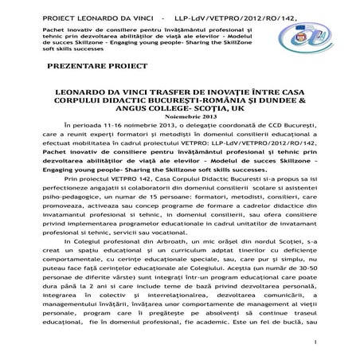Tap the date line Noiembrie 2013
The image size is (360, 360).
[x=180, y=117]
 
